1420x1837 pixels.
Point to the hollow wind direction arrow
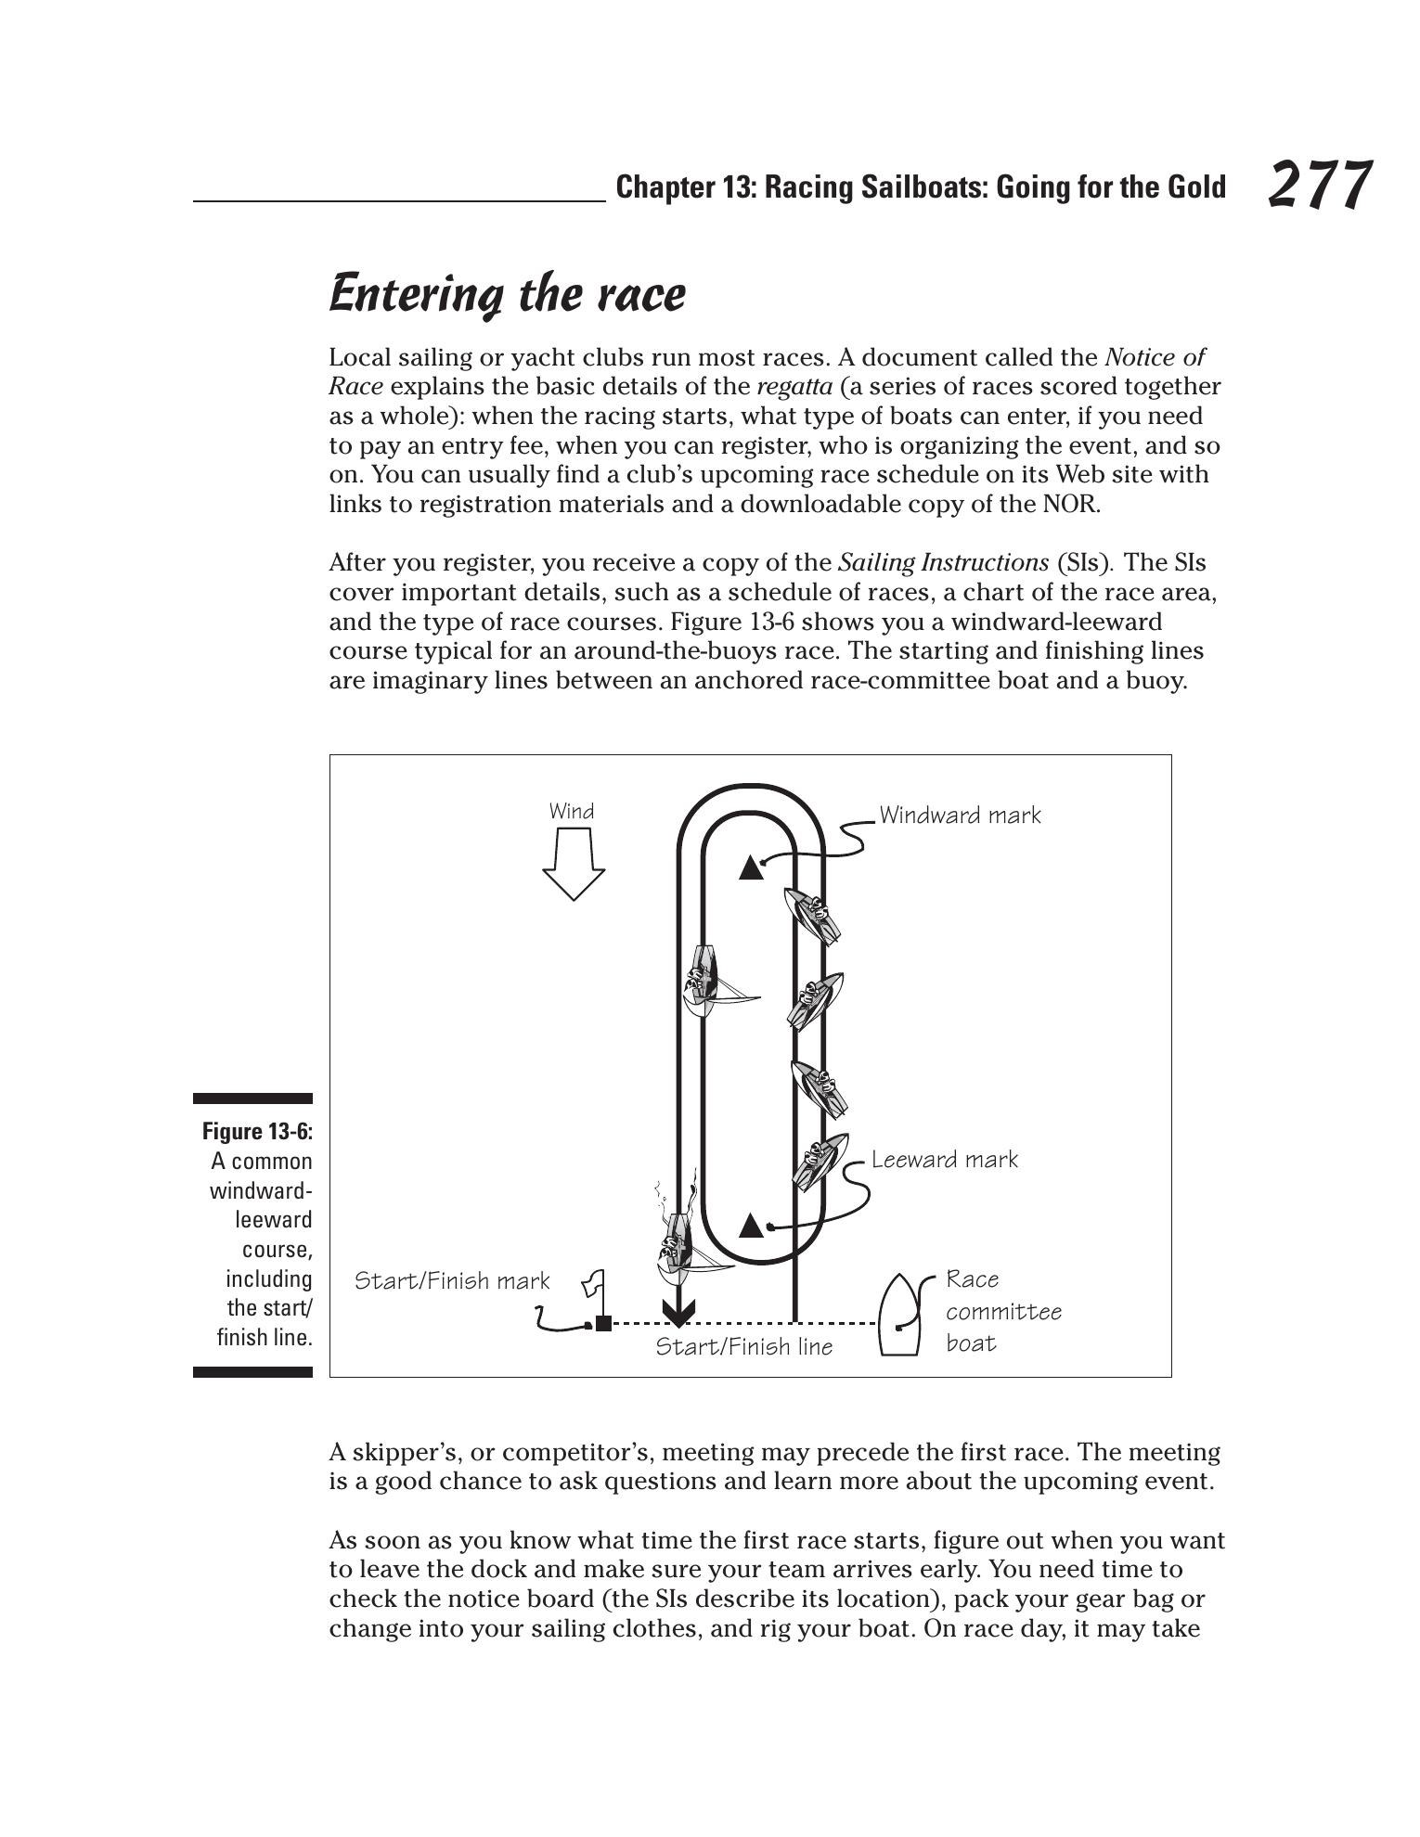pyautogui.click(x=574, y=864)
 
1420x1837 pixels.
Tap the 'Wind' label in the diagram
pyautogui.click(x=572, y=812)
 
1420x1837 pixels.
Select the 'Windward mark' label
pyautogui.click(x=960, y=816)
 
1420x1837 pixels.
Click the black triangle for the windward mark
pyautogui.click(x=751, y=868)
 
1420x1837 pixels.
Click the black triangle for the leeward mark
pyautogui.click(x=751, y=1227)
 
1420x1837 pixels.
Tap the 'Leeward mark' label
pyautogui.click(x=944, y=1160)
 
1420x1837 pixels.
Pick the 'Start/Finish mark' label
pyautogui.click(x=452, y=1281)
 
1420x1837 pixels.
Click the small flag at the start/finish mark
pyautogui.click(x=593, y=1286)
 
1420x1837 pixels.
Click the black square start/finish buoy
pyautogui.click(x=603, y=1323)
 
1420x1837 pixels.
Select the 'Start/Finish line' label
pyautogui.click(x=744, y=1347)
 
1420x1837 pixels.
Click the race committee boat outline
pyautogui.click(x=897, y=1316)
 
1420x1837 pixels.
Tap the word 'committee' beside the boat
pyautogui.click(x=1003, y=1312)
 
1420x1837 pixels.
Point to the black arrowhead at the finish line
pyautogui.click(x=678, y=1314)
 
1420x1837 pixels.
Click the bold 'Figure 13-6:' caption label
pyautogui.click(x=257, y=1131)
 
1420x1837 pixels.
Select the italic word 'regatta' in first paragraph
pyautogui.click(x=794, y=387)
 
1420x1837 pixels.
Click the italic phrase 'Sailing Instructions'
pyautogui.click(x=943, y=563)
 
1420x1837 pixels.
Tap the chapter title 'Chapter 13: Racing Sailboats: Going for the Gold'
pyautogui.click(x=921, y=187)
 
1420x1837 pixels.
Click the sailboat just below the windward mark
pyautogui.click(x=813, y=915)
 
